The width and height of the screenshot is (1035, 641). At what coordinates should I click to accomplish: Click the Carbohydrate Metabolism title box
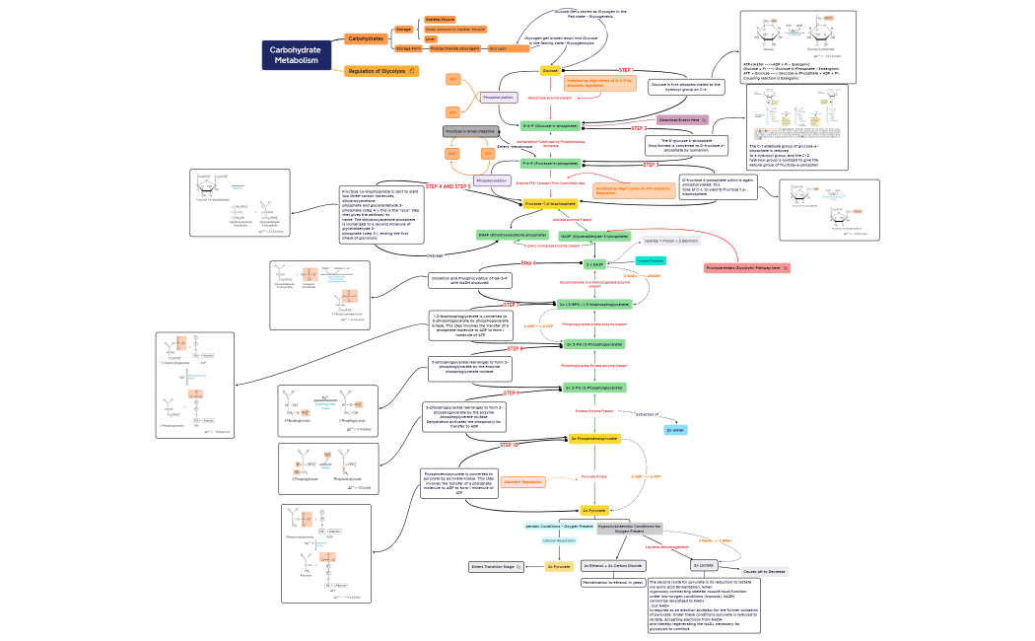297,55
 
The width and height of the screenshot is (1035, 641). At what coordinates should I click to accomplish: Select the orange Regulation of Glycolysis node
380,71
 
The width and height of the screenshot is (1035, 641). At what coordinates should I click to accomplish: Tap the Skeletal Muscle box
440,19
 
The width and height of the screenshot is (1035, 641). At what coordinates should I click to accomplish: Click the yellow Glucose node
551,70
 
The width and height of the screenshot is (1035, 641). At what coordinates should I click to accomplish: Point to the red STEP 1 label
625,70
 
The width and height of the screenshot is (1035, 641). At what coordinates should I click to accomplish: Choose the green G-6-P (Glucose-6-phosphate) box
550,126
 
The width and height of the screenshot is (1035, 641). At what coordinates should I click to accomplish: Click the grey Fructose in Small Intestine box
470,131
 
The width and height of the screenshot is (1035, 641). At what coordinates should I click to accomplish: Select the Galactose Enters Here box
683,119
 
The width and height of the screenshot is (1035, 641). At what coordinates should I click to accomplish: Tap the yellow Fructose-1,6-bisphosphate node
550,203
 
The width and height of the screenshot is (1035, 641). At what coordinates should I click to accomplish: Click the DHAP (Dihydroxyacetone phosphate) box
512,235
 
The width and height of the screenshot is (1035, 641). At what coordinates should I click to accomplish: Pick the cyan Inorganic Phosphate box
650,260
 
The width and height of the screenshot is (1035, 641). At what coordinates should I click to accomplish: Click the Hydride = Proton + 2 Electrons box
671,241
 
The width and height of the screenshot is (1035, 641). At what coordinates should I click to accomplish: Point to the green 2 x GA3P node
594,264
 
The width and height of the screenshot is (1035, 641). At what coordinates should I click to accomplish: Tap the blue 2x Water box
675,430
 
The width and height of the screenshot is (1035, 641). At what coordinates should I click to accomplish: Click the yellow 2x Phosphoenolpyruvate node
594,438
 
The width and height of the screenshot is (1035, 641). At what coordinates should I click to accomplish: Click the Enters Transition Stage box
496,567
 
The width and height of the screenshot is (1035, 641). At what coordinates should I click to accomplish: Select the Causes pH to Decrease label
764,571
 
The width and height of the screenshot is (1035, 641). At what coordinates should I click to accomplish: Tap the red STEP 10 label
509,446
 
